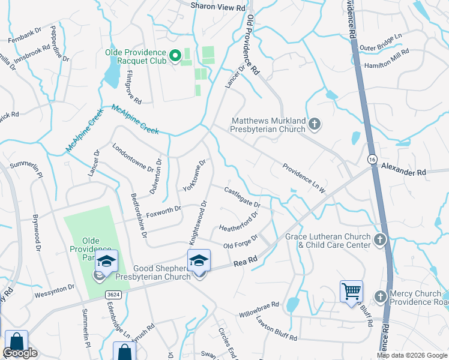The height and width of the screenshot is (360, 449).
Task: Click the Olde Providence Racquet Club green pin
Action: (175, 57)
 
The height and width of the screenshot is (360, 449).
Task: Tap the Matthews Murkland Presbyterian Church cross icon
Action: (315, 125)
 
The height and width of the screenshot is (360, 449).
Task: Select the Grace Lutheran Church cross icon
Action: (379, 241)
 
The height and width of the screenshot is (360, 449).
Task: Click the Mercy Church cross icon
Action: (381, 297)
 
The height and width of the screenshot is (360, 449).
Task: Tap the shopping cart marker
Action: (351, 292)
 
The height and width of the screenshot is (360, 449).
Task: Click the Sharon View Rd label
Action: (218, 7)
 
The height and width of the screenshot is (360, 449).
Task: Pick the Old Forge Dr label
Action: (240, 242)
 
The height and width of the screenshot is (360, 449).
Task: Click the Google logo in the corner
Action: (20, 353)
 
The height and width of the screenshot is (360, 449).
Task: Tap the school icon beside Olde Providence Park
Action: (106, 262)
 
